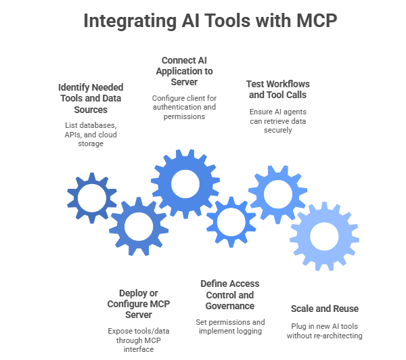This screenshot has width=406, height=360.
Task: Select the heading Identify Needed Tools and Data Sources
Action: (91, 98)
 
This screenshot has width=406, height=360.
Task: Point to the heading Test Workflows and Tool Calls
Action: (275, 89)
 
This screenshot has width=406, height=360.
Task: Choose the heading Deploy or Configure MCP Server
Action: (139, 304)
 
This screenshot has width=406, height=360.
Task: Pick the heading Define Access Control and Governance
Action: (230, 294)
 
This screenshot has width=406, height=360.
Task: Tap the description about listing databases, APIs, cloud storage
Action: (91, 134)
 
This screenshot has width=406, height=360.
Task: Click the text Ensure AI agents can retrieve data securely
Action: (275, 120)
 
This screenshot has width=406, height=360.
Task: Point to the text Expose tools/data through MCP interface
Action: (139, 339)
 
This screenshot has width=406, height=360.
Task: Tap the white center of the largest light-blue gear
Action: (323, 234)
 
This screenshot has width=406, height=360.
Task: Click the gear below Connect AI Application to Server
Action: (184, 183)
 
